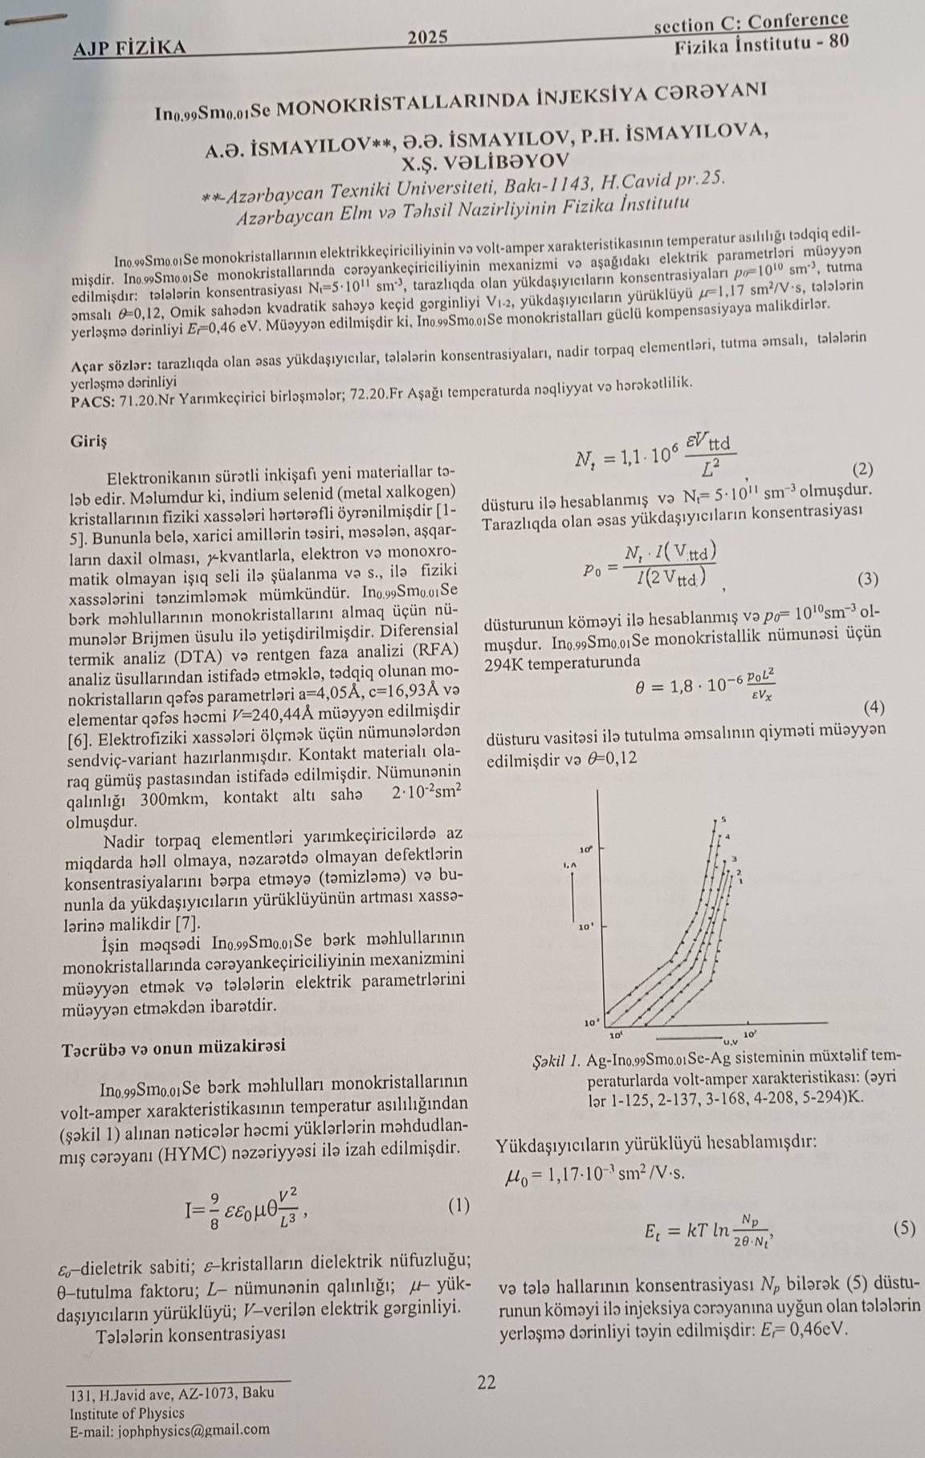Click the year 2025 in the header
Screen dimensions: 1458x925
427,37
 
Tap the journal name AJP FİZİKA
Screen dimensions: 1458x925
129,48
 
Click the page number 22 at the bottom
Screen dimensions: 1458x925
487,1382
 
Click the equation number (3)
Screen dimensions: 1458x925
868,578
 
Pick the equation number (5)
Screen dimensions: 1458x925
903,1227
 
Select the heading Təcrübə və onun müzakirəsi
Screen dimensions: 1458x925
172,1047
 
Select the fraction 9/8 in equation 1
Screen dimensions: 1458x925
216,1207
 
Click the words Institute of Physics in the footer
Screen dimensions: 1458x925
127,1413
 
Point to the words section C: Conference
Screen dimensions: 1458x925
751,22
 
